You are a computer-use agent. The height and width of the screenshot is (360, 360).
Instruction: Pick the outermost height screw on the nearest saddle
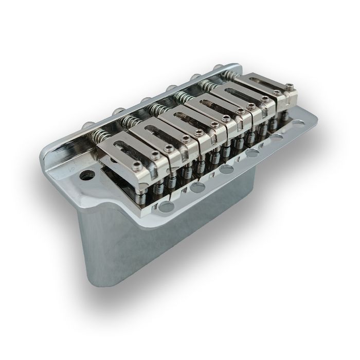tap(134, 166)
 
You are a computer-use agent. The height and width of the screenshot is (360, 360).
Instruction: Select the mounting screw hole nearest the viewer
tap(166, 207)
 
